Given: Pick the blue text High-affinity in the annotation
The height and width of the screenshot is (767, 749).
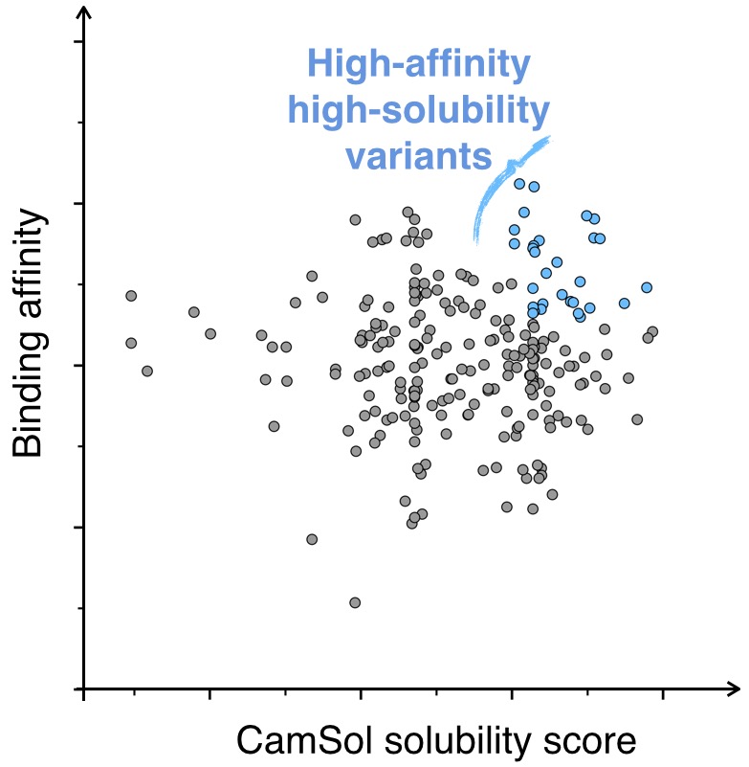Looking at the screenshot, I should pos(419,66).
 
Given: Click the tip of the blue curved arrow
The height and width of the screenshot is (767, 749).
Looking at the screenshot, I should pos(551,138).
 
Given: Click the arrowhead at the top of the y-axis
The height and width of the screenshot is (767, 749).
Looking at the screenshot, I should pos(85,11).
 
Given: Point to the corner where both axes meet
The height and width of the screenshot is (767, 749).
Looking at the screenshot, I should pos(85,688).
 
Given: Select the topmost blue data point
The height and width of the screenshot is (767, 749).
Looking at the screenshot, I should pos(519,183).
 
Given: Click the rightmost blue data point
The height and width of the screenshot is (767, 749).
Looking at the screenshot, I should pos(647,287).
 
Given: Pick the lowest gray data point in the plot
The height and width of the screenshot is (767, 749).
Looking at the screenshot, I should pos(355,602).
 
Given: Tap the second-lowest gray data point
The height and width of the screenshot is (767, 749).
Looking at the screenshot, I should pos(312,539).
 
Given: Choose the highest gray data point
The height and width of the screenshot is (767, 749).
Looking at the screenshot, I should pos(408,212).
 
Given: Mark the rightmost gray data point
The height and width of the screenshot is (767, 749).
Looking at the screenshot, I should pos(652,331).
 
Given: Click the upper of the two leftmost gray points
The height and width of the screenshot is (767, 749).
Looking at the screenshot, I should pos(131,296).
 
